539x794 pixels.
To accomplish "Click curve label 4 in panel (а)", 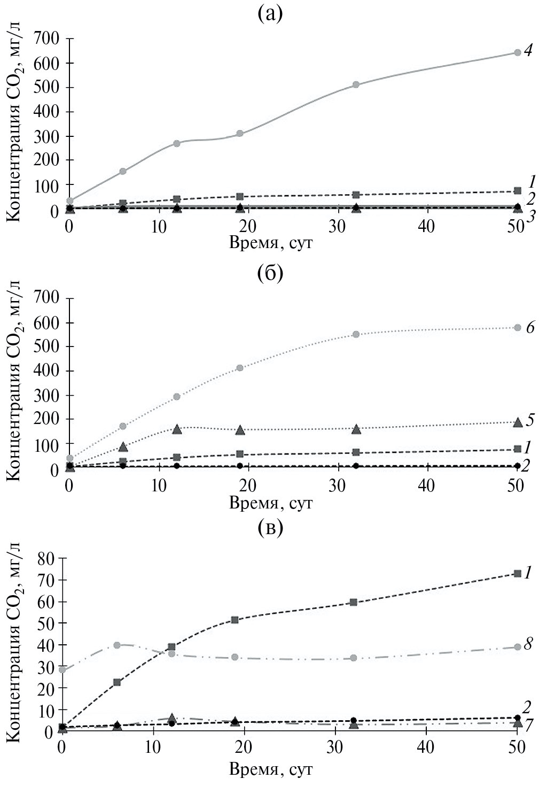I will click(x=529, y=51).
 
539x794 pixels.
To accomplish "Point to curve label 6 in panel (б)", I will click(x=530, y=327).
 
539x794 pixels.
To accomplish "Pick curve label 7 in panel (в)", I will click(x=529, y=726).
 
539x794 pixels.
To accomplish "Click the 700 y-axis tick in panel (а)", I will click(x=46, y=38).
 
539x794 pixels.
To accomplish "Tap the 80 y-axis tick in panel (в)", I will click(x=46, y=558).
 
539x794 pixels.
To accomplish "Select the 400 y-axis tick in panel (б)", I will click(x=46, y=371).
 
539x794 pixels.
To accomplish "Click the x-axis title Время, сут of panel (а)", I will click(x=270, y=243).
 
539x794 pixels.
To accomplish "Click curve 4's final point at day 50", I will click(x=517, y=52).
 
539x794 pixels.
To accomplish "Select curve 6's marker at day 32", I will click(x=356, y=334).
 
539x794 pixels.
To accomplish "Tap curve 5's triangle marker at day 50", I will click(x=517, y=422).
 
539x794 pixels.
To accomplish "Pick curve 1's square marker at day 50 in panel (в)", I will click(x=517, y=574).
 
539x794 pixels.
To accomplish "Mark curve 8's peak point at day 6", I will click(x=117, y=645).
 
